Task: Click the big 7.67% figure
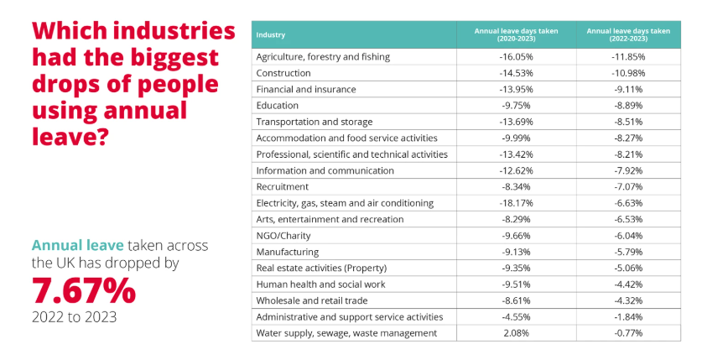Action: click(83, 291)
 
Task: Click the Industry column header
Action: click(271, 34)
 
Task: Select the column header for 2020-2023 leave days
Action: click(515, 34)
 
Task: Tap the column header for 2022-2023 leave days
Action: click(627, 34)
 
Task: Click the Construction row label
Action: click(283, 73)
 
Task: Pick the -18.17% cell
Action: click(516, 203)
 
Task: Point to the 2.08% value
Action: click(516, 333)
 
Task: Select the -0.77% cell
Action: click(627, 333)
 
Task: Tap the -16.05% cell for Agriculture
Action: click(516, 57)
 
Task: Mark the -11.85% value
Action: click(627, 57)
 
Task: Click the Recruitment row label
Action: click(282, 187)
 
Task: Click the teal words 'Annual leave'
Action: click(77, 245)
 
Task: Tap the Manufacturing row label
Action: click(287, 252)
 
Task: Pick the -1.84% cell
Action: click(627, 317)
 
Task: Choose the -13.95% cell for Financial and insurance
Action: click(516, 90)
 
